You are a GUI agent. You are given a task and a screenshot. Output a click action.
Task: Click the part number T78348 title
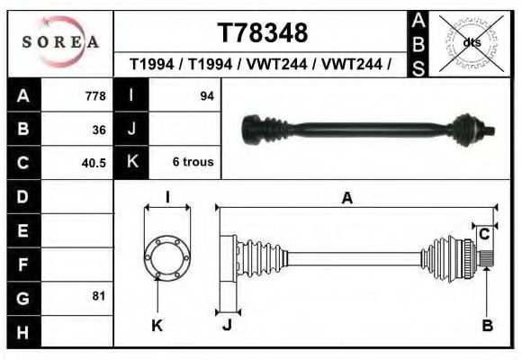[x=263, y=32]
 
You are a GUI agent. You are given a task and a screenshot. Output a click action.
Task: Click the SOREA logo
[x=60, y=42]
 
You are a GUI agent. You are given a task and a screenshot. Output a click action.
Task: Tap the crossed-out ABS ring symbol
[x=471, y=43]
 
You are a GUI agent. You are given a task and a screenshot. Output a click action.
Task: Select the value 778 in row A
[x=95, y=96]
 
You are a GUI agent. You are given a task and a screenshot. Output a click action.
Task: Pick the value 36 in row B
[x=99, y=130]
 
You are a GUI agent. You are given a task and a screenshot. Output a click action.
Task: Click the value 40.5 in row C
[x=94, y=163]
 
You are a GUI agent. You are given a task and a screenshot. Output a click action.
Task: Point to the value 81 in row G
[x=99, y=296]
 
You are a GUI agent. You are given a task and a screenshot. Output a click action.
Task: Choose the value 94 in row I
[x=207, y=96]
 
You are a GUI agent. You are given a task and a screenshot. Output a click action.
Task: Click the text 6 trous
[x=193, y=162]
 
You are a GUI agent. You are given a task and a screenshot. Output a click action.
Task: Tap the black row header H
[x=23, y=332]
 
